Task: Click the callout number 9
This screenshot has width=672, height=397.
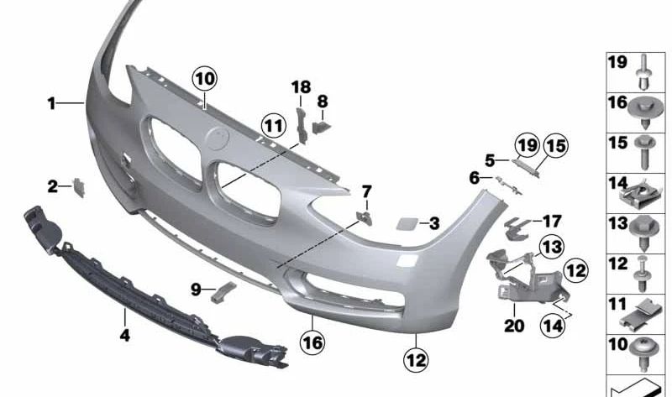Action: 196,290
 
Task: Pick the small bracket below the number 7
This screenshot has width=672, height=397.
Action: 365,217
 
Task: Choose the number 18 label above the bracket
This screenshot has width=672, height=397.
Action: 301,87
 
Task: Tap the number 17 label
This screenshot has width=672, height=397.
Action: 551,222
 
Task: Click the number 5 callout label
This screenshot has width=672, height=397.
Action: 489,159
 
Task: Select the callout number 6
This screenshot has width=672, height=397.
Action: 475,178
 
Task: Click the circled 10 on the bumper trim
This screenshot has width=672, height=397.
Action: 205,80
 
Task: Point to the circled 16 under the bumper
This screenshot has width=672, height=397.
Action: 312,342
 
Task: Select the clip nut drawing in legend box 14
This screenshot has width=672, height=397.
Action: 643,196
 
